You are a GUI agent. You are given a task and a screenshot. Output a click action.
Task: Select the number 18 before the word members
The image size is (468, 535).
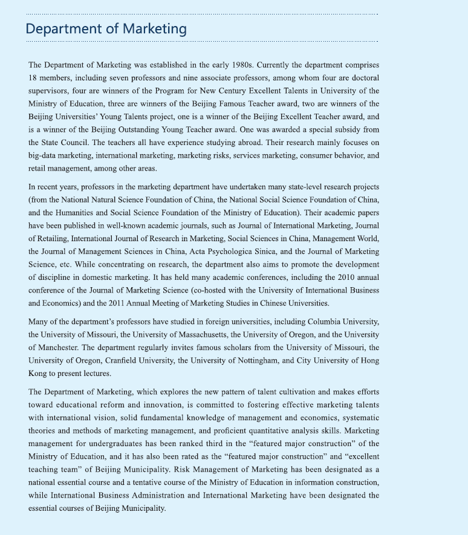pyautogui.click(x=33, y=78)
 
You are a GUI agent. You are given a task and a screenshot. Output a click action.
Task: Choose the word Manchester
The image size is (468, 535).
pyautogui.click(x=63, y=347)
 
